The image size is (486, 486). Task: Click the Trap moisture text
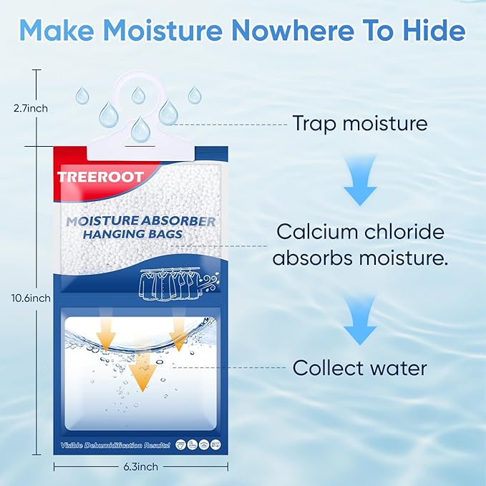pyautogui.click(x=359, y=123)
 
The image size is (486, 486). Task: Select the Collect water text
pyautogui.click(x=359, y=368)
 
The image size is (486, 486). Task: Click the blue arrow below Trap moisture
pyautogui.click(x=360, y=185)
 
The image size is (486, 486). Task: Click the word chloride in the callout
pyautogui.click(x=411, y=232)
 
